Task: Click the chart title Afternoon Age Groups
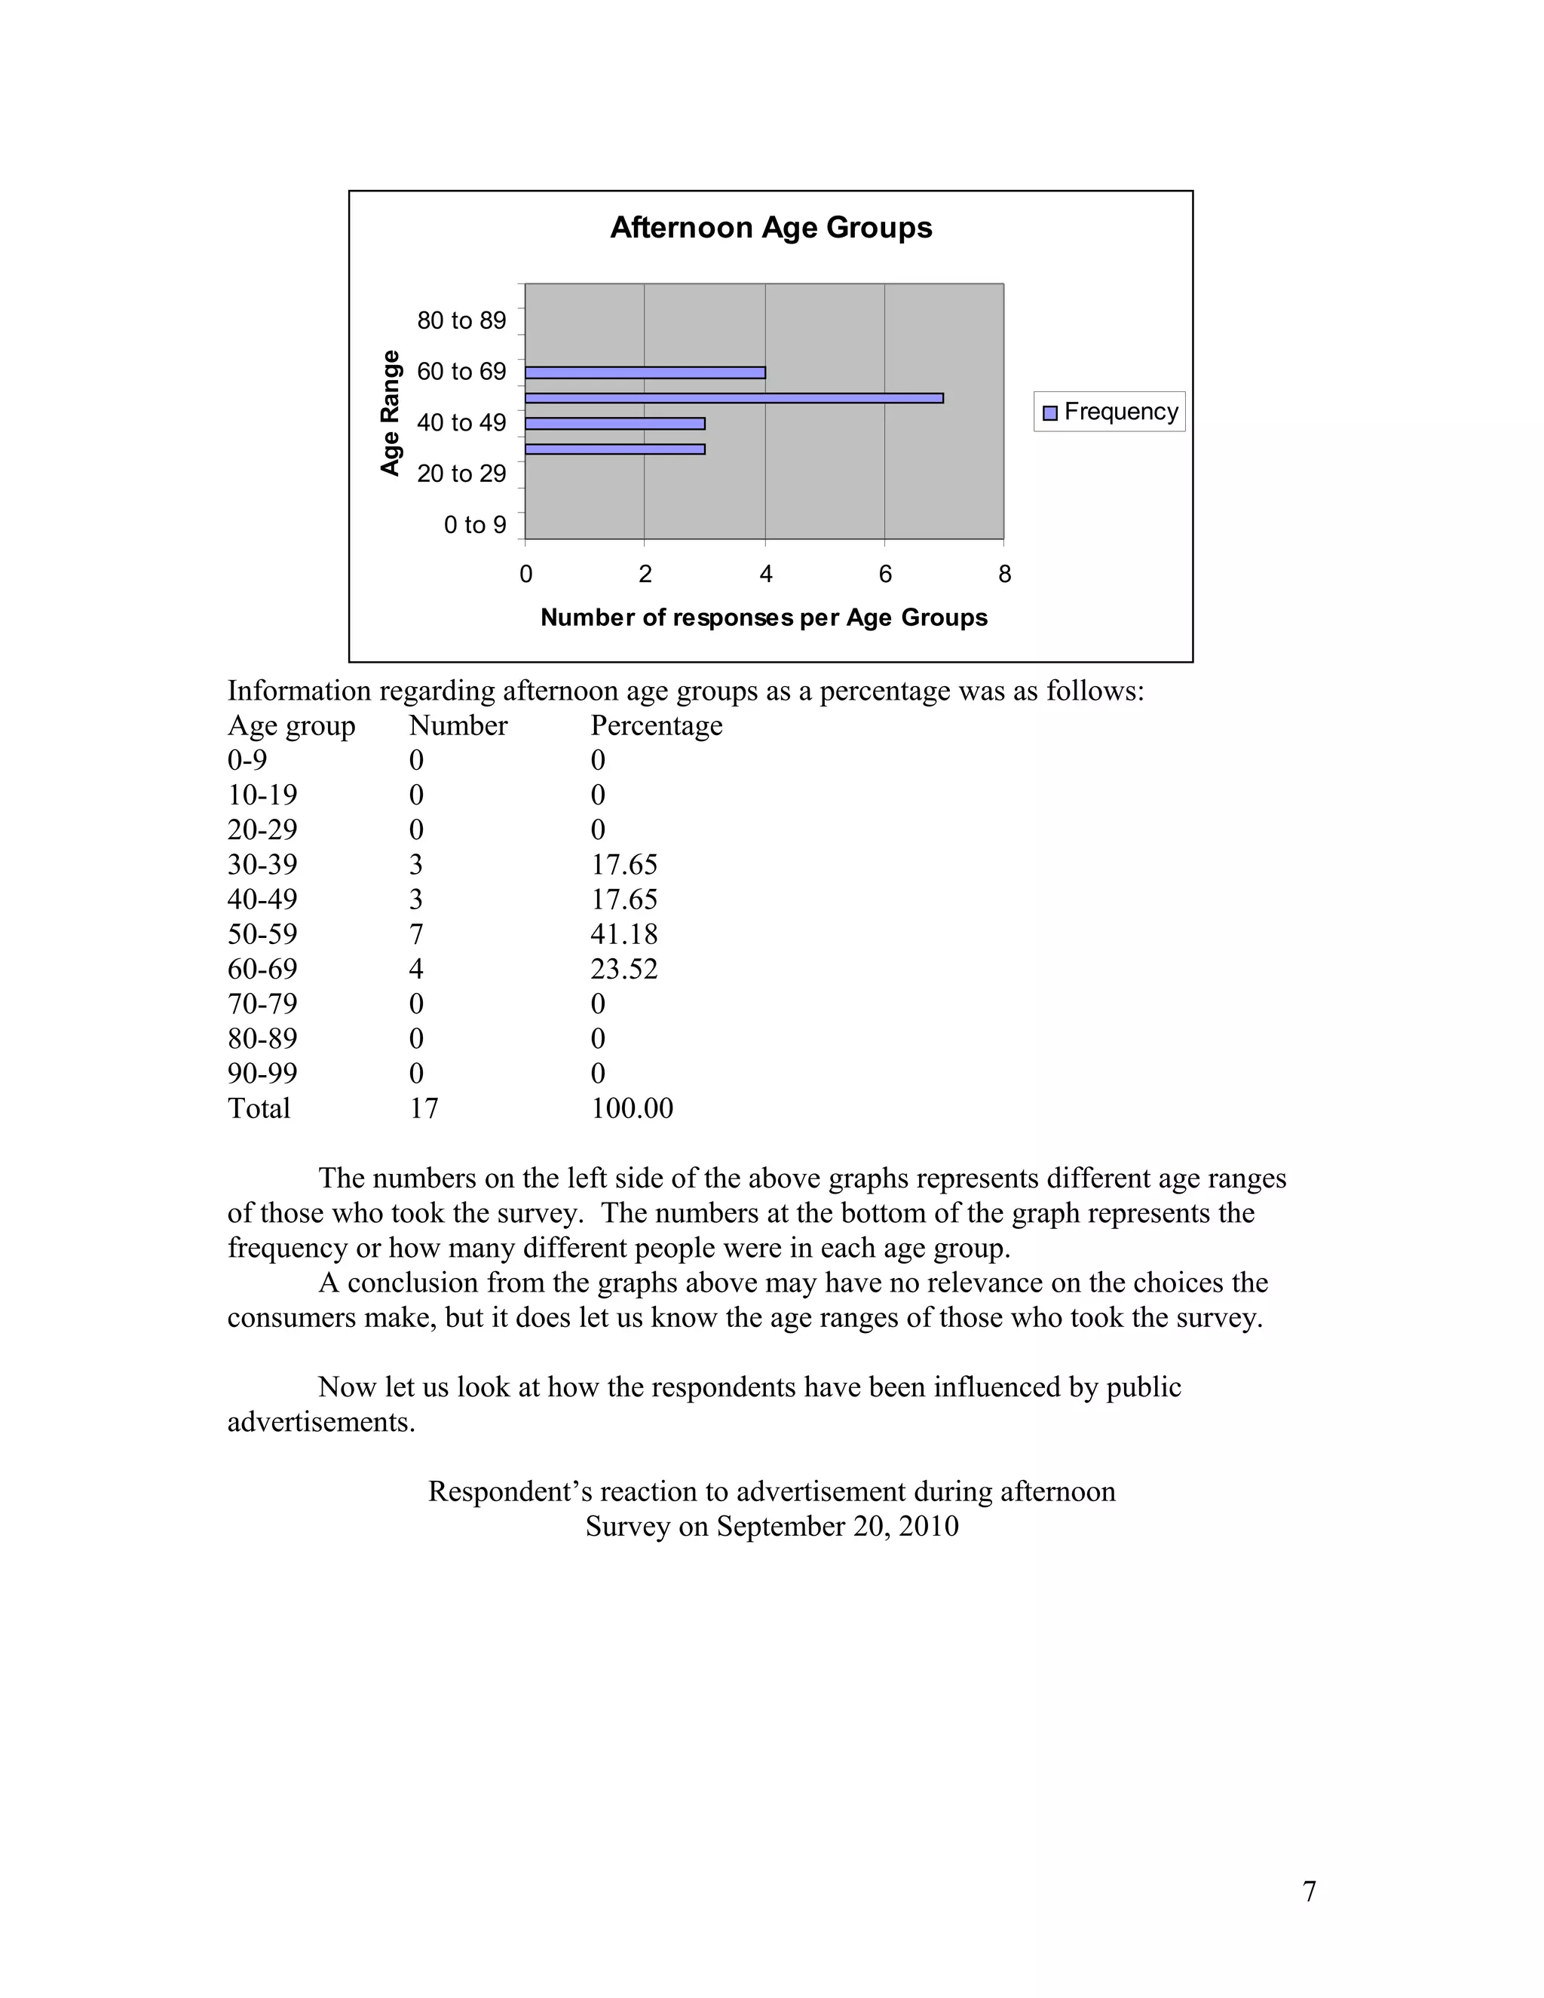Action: click(x=770, y=228)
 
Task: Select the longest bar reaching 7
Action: click(x=734, y=398)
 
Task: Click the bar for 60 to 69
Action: click(x=645, y=372)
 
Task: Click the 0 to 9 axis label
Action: click(x=475, y=525)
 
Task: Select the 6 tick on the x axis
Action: click(x=884, y=575)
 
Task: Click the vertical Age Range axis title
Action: click(x=391, y=412)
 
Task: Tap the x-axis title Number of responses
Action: click(x=764, y=617)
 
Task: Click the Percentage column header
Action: click(x=656, y=725)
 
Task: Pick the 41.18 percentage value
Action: click(x=623, y=934)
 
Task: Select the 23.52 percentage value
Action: click(x=623, y=969)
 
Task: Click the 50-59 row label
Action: click(x=262, y=934)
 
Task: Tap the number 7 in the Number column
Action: click(x=416, y=934)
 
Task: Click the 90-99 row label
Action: click(x=262, y=1073)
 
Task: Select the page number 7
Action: click(x=1309, y=1891)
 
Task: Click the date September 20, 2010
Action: click(x=837, y=1527)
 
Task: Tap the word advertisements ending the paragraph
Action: click(x=320, y=1423)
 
